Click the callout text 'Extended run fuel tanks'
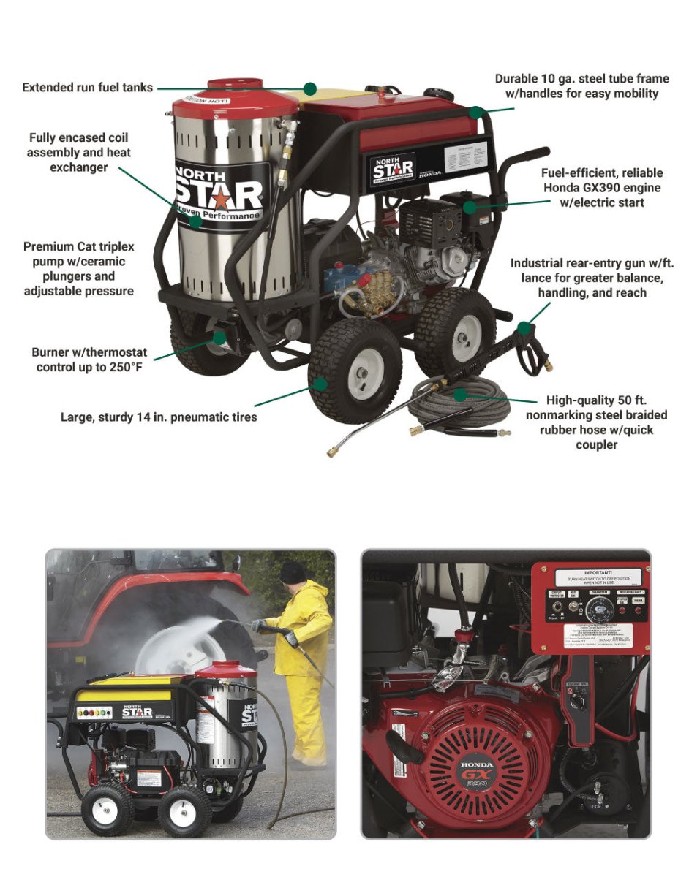87,88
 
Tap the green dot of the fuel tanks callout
310,88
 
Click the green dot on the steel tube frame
476,113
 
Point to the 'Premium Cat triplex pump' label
79,269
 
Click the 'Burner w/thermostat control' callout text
89,359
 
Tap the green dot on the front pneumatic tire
319,383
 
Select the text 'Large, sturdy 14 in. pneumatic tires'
158,418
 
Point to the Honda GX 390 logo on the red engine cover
476,775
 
